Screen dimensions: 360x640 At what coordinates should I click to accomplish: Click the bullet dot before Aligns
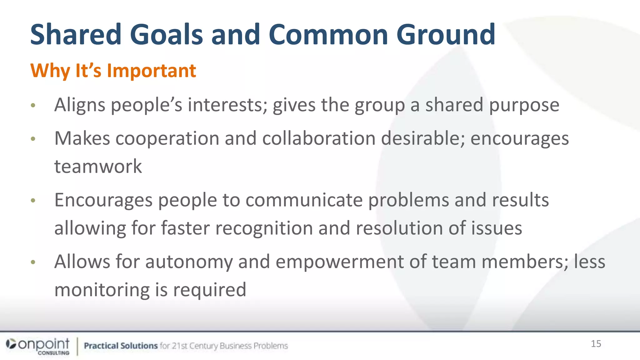coord(33,105)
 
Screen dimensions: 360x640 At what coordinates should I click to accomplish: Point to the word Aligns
coord(80,105)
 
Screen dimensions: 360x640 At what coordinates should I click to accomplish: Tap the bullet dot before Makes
coord(33,139)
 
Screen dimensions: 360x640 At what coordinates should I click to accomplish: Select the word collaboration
coord(318,138)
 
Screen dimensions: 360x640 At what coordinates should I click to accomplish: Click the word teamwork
coord(98,166)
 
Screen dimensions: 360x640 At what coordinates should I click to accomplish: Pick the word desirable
coord(423,138)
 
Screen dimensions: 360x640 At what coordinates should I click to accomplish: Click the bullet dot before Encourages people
coord(33,200)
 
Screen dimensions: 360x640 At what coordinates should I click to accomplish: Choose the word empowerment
coord(339,262)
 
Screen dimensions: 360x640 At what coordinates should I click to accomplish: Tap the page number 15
coord(596,344)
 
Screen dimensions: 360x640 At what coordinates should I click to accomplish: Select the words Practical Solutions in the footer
coord(121,346)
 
